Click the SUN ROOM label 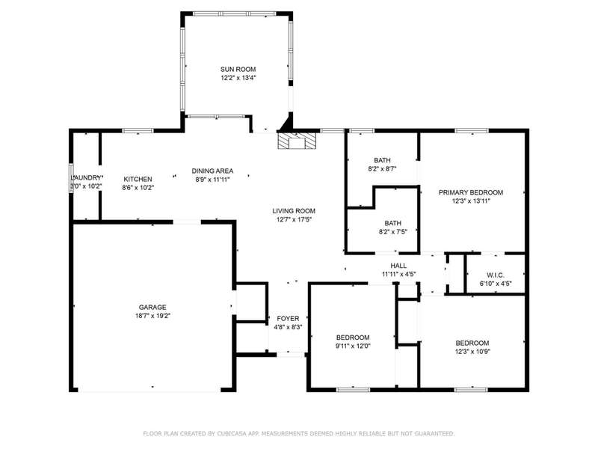(238, 70)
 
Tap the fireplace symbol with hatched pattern (297, 141)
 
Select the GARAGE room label (152, 308)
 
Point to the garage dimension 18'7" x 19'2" (152, 316)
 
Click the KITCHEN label (138, 179)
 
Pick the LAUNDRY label (87, 178)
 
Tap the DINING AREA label (212, 171)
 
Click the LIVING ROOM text (294, 211)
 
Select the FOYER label (288, 319)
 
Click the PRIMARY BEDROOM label (471, 192)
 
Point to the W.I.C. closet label (496, 275)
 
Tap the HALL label (398, 266)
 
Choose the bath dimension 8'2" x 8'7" (382, 169)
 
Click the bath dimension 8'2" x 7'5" (393, 231)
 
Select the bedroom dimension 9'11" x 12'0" (353, 346)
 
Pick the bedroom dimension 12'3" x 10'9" (472, 351)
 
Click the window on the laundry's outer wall (70, 178)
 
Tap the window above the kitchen (138, 130)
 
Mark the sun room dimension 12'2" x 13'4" (238, 78)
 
